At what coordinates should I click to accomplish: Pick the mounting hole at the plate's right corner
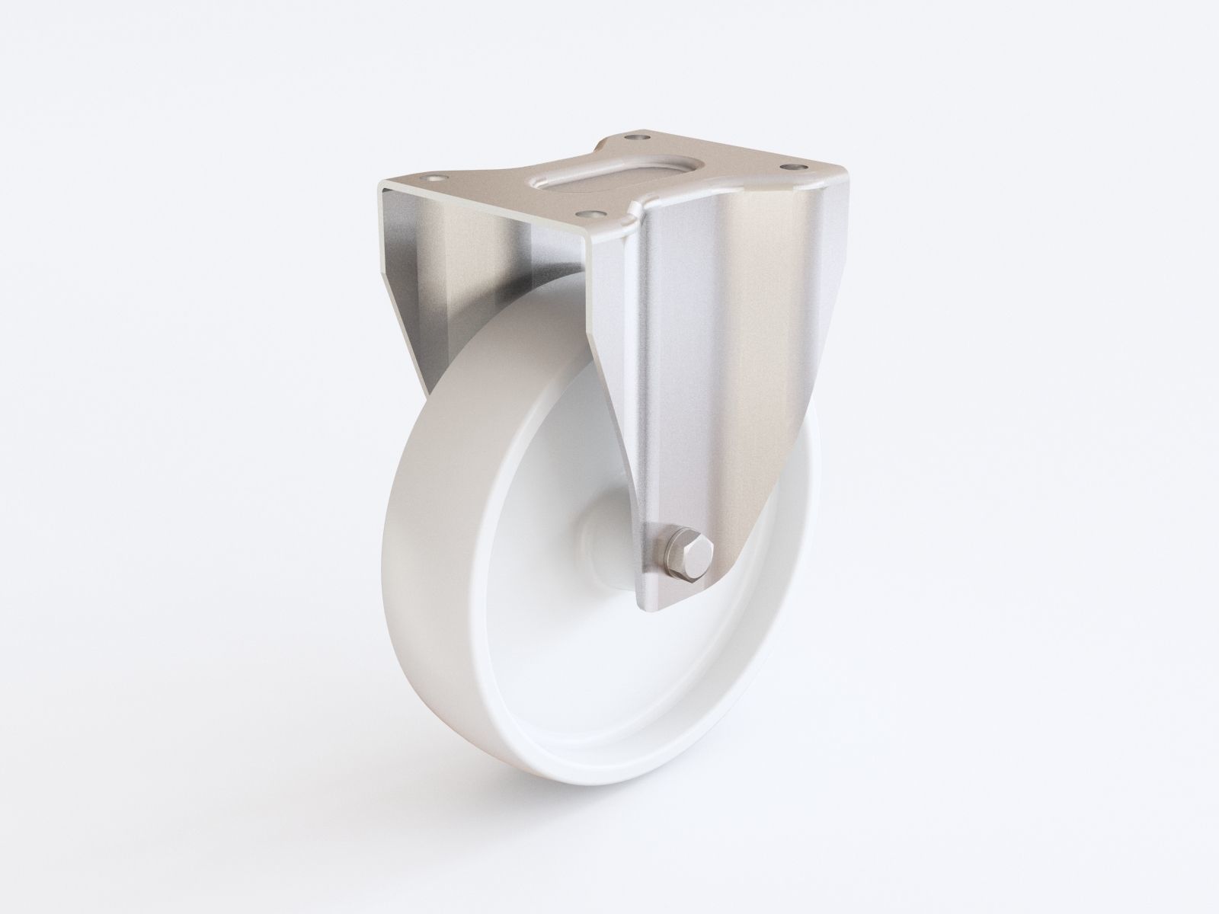coord(795,165)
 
